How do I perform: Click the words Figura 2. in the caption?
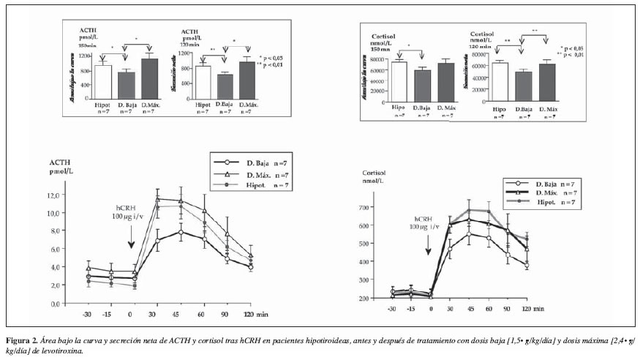tap(23, 342)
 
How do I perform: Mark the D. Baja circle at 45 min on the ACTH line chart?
tap(180, 232)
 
